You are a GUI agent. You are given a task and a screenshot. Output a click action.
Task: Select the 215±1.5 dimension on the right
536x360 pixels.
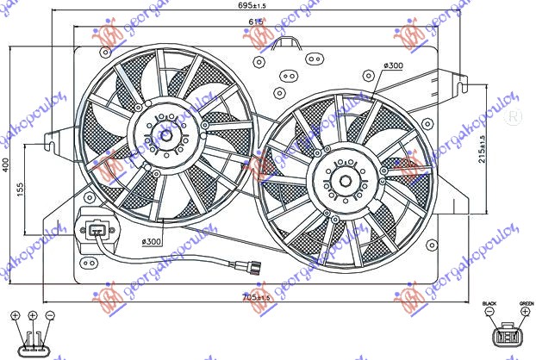(x=483, y=149)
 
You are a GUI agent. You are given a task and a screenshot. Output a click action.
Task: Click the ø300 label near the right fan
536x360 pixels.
(x=394, y=66)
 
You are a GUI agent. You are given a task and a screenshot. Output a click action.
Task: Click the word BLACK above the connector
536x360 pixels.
(x=489, y=304)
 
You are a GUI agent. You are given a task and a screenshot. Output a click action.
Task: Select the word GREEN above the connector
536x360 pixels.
(x=526, y=304)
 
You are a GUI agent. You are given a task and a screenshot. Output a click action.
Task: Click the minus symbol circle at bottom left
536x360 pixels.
(x=50, y=315)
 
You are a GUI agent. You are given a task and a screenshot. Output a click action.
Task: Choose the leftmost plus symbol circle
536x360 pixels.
(x=16, y=315)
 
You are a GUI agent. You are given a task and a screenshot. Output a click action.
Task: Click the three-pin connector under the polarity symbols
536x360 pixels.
(x=33, y=344)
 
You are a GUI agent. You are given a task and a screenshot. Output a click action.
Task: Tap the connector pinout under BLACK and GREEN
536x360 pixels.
(x=508, y=338)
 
